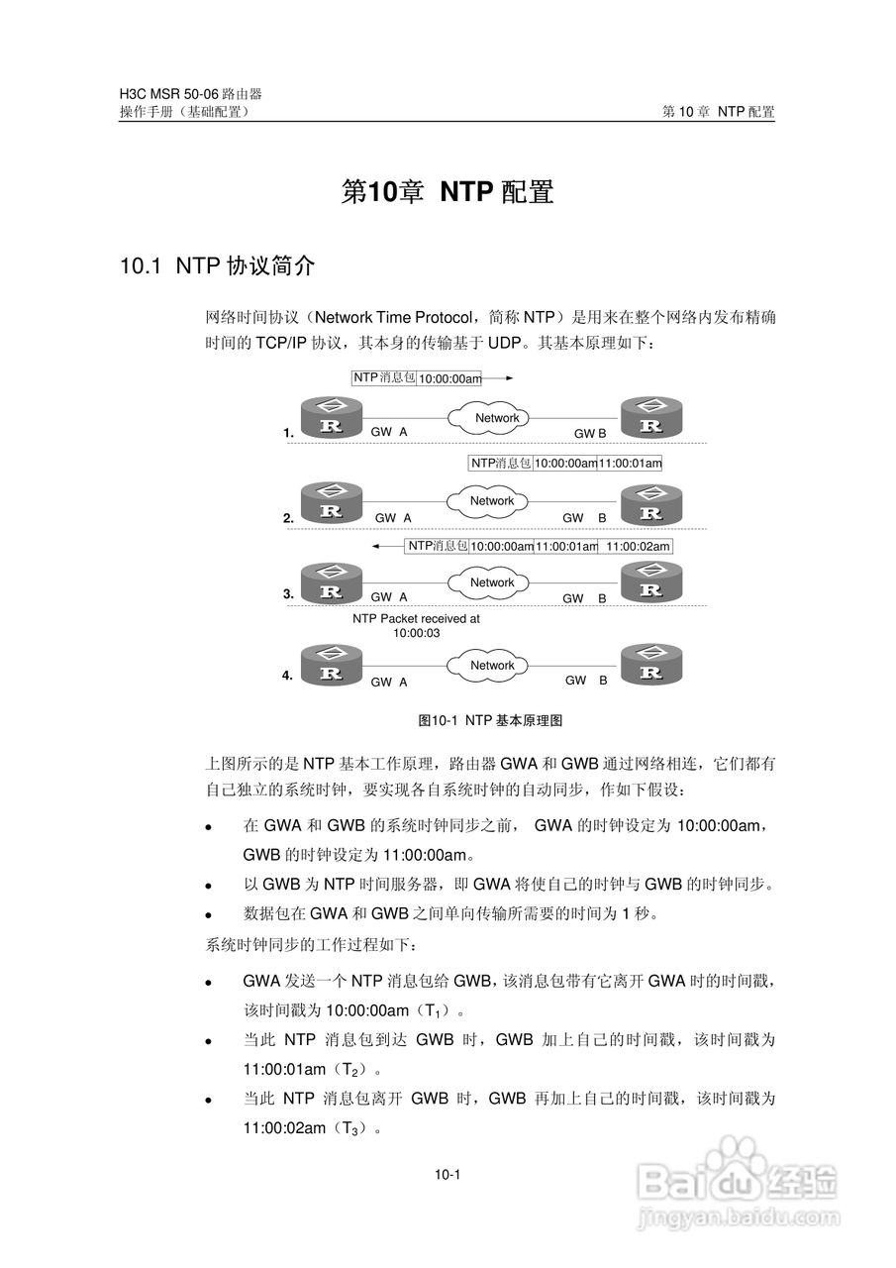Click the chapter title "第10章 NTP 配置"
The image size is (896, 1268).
pos(448,191)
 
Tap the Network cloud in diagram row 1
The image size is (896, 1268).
pos(496,418)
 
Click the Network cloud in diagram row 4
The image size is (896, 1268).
pos(492,666)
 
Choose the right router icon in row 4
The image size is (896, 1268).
pos(650,667)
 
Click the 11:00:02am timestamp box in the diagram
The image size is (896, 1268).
pos(638,546)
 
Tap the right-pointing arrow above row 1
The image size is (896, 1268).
pos(500,377)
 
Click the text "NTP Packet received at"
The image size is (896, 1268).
pos(416,618)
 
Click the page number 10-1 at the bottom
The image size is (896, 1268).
pos(448,1175)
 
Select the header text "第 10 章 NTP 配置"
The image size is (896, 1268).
pos(718,112)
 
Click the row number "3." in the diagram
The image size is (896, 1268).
pos(288,594)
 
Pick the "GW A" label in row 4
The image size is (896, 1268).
pos(389,682)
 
